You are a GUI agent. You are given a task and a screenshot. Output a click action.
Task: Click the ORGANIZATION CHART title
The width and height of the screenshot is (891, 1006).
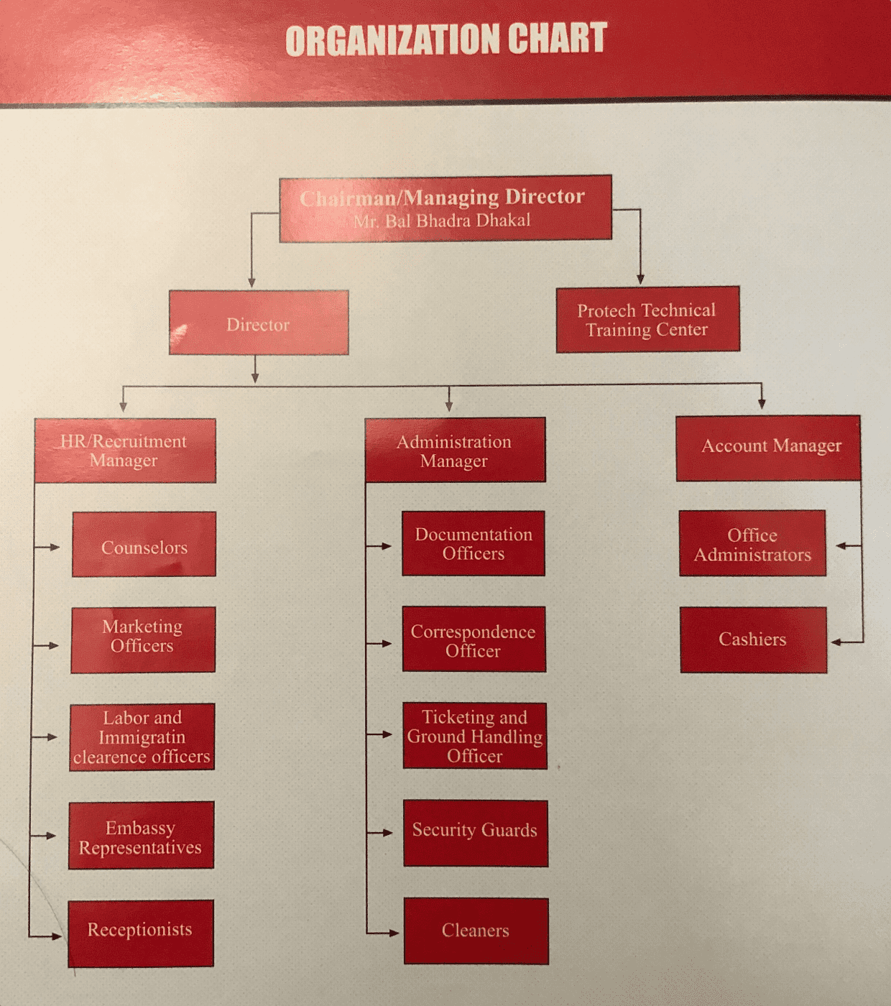tap(445, 40)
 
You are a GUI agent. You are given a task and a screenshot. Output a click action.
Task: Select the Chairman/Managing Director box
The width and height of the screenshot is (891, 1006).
tap(445, 207)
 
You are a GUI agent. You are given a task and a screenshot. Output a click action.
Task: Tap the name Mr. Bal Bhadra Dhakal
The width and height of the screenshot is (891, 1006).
tap(442, 221)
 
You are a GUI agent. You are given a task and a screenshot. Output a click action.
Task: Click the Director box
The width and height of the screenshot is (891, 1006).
tap(259, 323)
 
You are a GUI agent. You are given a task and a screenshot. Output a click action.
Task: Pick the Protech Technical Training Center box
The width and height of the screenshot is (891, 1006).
tap(647, 320)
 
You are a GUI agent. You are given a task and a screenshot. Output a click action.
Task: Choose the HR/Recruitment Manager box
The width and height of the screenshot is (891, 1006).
tap(125, 451)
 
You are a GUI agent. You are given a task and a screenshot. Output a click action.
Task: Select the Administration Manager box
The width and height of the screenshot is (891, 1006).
tap(455, 451)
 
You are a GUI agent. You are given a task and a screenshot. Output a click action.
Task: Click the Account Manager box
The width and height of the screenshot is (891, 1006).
tap(768, 448)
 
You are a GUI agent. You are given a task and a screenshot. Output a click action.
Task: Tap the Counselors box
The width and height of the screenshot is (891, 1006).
tap(144, 545)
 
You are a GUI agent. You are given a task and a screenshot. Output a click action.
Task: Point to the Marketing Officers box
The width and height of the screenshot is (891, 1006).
tap(143, 640)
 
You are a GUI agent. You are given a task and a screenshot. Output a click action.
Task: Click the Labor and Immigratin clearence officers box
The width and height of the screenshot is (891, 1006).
tap(142, 737)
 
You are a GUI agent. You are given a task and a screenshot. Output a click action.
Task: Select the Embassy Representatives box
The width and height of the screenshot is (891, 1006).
tap(142, 836)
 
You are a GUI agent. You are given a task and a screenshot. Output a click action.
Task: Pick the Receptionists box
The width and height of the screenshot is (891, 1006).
tap(141, 933)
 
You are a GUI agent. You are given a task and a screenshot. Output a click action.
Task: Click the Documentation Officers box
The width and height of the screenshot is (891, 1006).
tap(474, 543)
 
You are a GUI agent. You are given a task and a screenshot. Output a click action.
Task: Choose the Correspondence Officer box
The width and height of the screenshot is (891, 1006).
tap(474, 640)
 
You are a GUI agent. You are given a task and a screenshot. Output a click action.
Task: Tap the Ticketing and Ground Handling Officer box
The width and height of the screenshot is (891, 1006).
tap(475, 736)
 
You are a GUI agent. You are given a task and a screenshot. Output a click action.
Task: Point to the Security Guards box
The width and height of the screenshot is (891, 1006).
tap(476, 833)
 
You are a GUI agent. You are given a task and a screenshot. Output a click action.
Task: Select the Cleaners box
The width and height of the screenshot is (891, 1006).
tap(476, 931)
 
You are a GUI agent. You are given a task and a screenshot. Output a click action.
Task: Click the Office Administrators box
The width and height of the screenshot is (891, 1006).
tap(752, 544)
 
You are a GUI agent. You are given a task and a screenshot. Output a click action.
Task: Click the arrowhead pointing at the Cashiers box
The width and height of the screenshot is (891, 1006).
tap(836, 642)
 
